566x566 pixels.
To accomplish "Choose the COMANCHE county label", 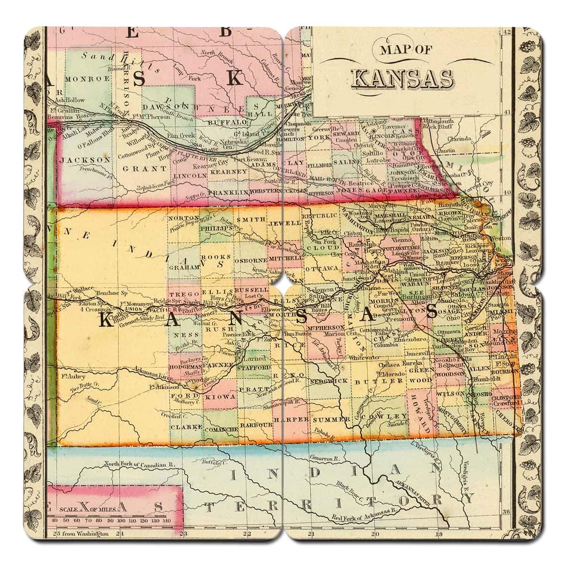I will (220, 429).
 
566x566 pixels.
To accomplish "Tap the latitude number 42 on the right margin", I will (507, 32).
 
